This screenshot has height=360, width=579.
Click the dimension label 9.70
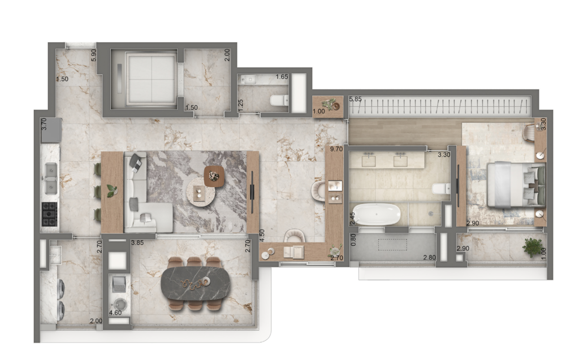pyautogui.click(x=336, y=149)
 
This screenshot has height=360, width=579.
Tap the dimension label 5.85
pyautogui.click(x=355, y=99)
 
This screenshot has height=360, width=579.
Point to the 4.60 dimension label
pyautogui.click(x=115, y=313)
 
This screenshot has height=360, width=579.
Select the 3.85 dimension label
pyautogui.click(x=138, y=242)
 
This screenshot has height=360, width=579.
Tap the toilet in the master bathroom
pyautogui.click(x=440, y=188)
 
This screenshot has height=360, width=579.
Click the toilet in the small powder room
pyautogui.click(x=279, y=100)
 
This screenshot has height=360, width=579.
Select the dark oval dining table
pyautogui.click(x=195, y=284)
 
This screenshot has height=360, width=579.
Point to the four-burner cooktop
pyautogui.click(x=50, y=214)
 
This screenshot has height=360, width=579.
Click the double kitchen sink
pyautogui.click(x=50, y=179)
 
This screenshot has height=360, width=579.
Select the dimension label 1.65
pyautogui.click(x=282, y=77)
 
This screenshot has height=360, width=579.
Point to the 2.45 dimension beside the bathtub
pyautogui.click(x=352, y=218)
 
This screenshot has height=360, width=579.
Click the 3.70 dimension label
pyautogui.click(x=44, y=124)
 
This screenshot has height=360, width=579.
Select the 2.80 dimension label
pyautogui.click(x=430, y=258)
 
